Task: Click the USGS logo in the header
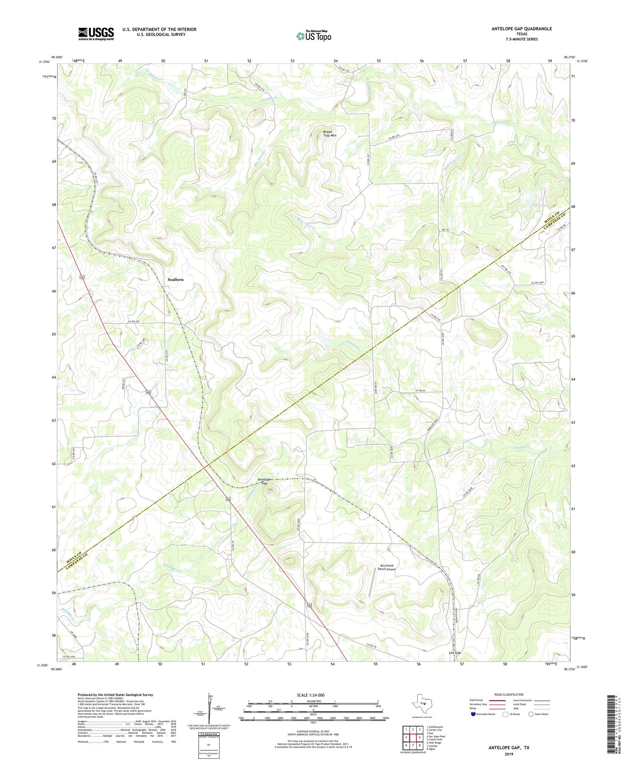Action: tap(96, 34)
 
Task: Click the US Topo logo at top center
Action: tap(314, 36)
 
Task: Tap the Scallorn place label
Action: tap(175, 279)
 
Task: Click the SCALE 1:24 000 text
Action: tap(310, 695)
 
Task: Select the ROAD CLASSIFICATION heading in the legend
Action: tap(509, 694)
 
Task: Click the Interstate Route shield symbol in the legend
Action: tap(473, 714)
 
